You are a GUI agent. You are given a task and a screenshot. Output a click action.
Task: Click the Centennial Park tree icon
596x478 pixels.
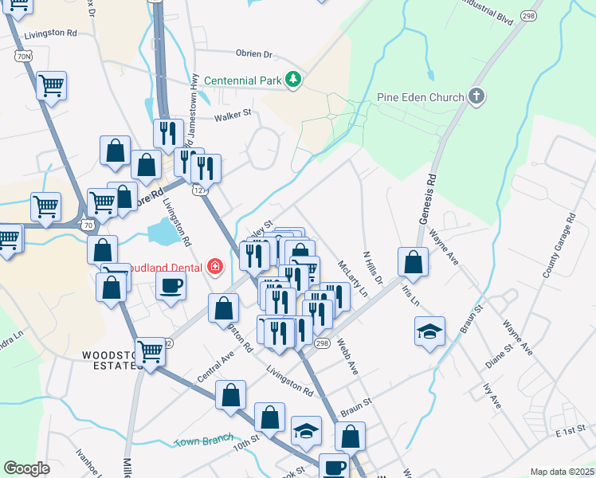point(294,80)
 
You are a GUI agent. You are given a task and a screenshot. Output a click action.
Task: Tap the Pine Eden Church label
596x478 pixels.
point(420,98)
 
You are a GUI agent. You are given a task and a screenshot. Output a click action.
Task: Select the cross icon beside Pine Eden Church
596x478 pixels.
point(476,97)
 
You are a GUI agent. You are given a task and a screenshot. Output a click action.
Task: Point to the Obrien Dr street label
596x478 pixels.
point(254,54)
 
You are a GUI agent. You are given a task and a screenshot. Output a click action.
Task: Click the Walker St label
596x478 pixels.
point(232,116)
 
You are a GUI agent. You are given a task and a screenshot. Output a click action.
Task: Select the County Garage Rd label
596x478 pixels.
point(559,245)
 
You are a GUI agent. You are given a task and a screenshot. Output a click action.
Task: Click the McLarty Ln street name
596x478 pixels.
point(352,278)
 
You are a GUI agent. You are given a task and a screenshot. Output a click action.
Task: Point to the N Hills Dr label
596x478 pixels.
point(373,268)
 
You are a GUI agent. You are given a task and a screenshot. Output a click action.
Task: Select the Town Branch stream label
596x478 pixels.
point(204,440)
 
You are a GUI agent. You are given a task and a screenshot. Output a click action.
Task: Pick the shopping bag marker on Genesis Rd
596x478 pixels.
point(413,261)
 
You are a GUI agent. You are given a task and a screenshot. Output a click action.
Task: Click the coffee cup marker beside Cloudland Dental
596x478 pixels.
point(171,285)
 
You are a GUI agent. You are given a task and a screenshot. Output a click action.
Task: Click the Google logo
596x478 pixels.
point(26,468)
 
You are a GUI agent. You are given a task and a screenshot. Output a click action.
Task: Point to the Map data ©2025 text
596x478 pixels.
point(561,472)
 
